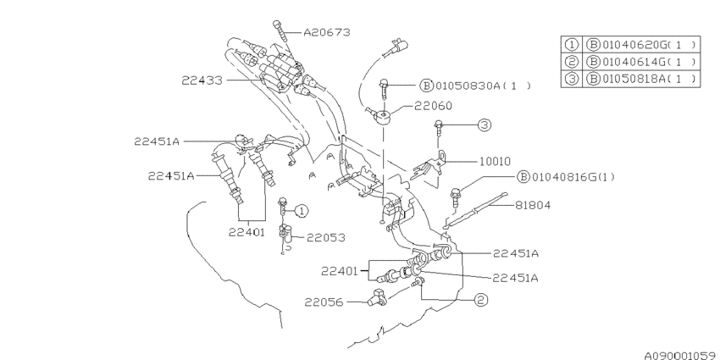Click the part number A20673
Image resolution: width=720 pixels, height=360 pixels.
coord(326,32)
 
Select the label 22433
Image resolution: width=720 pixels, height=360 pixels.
coord(202,80)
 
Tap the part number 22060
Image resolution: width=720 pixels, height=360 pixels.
coord(433,106)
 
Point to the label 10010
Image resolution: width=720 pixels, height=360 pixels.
coord(495,161)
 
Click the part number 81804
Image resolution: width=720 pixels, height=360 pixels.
coord(532,205)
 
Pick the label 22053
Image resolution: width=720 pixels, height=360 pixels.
coord(325,237)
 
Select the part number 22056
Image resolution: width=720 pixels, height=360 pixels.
coord(324,302)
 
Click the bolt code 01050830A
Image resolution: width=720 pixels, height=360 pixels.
coord(467,86)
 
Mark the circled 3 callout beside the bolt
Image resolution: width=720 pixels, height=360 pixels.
coord(484,125)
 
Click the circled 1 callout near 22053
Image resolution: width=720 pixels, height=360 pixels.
coord(302,211)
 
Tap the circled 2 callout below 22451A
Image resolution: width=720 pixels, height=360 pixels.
coord(480,300)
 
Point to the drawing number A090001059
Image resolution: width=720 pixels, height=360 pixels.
coord(681,356)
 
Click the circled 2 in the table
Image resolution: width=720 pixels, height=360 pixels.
coord(571,62)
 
